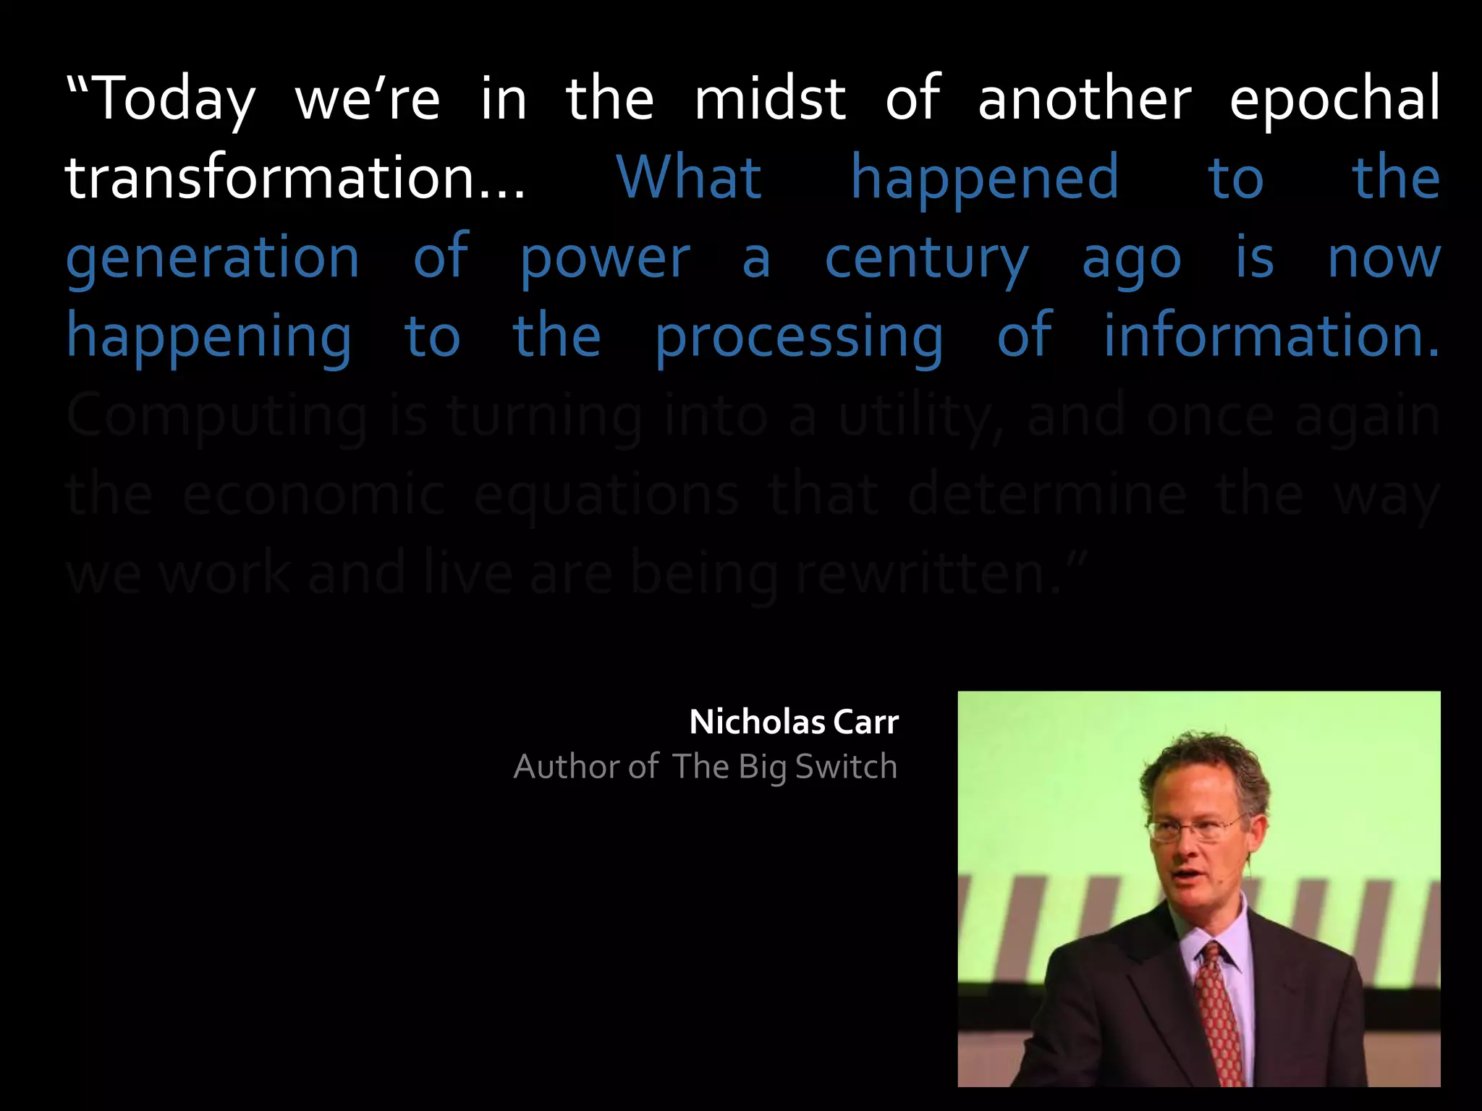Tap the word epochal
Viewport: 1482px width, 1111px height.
(1334, 99)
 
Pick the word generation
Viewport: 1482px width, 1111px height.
(213, 258)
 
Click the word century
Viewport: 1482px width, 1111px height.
(927, 258)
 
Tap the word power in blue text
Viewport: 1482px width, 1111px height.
(605, 258)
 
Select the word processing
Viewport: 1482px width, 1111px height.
(799, 337)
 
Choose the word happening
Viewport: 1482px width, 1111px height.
(209, 337)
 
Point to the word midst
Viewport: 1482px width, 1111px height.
(770, 99)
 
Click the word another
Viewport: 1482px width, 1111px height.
(1084, 99)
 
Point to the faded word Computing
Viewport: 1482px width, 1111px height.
(217, 417)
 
